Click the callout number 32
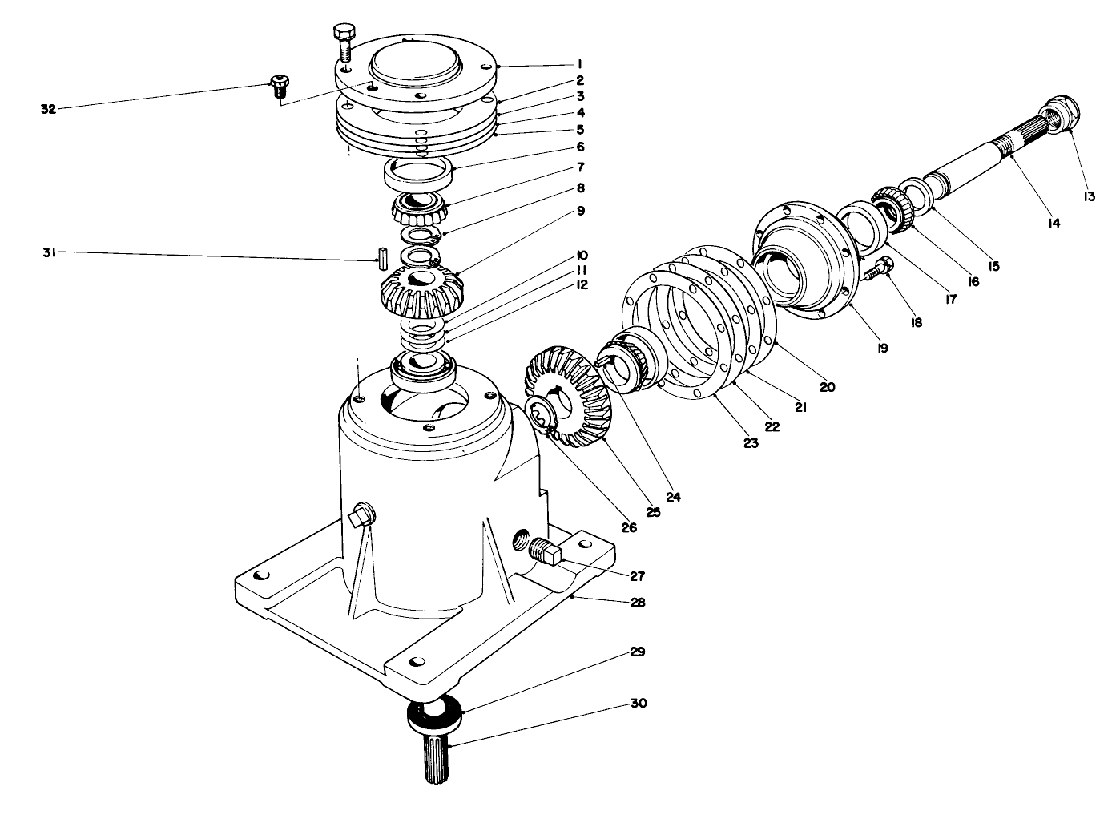click(49, 110)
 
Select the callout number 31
click(49, 253)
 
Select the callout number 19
click(882, 349)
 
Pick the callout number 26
click(628, 527)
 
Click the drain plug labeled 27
click(547, 553)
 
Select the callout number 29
click(637, 652)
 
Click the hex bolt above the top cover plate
click(342, 42)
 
